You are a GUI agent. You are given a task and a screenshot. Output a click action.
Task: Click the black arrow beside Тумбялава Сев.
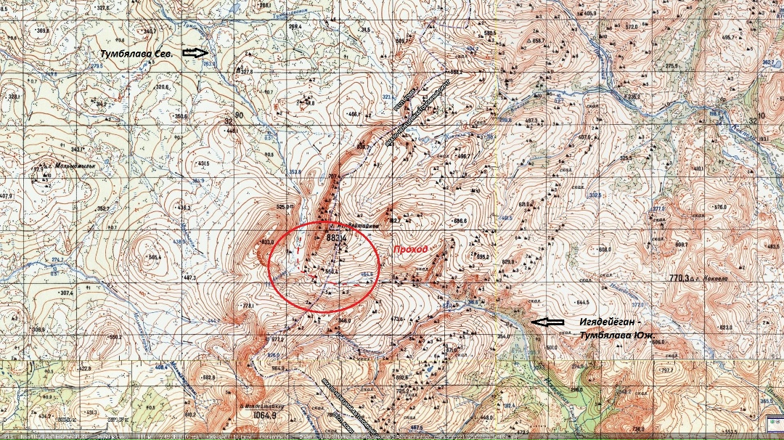coord(195,52)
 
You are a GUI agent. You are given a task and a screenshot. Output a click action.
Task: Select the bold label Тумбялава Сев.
coord(136,53)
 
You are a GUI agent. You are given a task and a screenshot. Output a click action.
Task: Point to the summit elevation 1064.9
coord(265,416)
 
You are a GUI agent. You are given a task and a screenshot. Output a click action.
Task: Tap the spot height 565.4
coord(154,257)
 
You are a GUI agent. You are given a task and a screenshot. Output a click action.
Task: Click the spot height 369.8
coord(43,30)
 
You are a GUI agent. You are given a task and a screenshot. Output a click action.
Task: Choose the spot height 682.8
coord(209,378)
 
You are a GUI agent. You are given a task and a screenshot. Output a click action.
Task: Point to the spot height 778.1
coord(250,306)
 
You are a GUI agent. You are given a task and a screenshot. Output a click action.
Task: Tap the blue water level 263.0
coord(210,64)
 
